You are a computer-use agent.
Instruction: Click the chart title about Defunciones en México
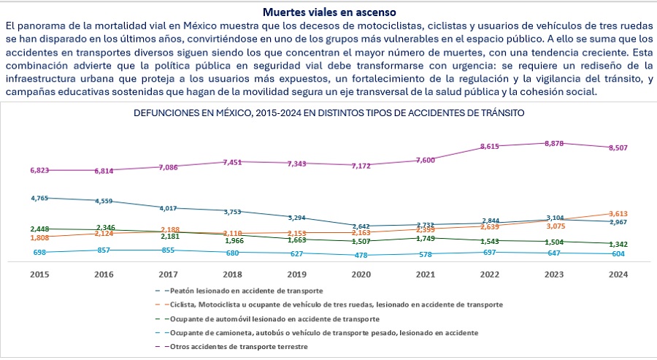pos(328,113)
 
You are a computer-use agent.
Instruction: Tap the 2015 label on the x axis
pos(39,275)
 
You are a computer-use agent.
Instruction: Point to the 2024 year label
pos(618,275)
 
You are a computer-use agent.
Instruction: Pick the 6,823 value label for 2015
pos(40,170)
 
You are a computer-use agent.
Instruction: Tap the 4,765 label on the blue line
pos(41,198)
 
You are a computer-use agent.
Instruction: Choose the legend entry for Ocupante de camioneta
pos(321,333)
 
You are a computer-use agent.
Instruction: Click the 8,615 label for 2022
pos(488,147)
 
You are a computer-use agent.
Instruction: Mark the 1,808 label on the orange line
pos(40,237)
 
